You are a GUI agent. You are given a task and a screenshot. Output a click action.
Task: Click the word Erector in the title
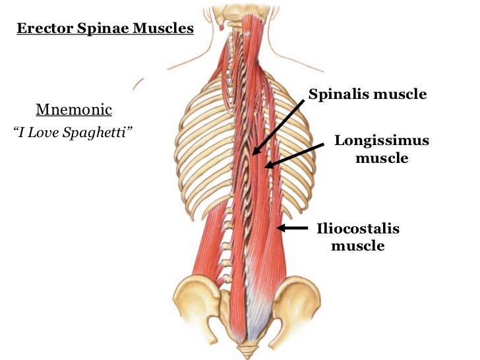click(x=41, y=29)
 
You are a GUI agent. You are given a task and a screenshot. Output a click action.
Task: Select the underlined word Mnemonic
click(x=74, y=109)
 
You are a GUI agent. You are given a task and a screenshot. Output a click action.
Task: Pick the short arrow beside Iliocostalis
click(x=292, y=228)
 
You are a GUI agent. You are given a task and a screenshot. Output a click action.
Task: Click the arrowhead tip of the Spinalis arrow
click(x=253, y=154)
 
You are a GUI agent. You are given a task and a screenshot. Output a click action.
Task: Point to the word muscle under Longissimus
click(x=382, y=158)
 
